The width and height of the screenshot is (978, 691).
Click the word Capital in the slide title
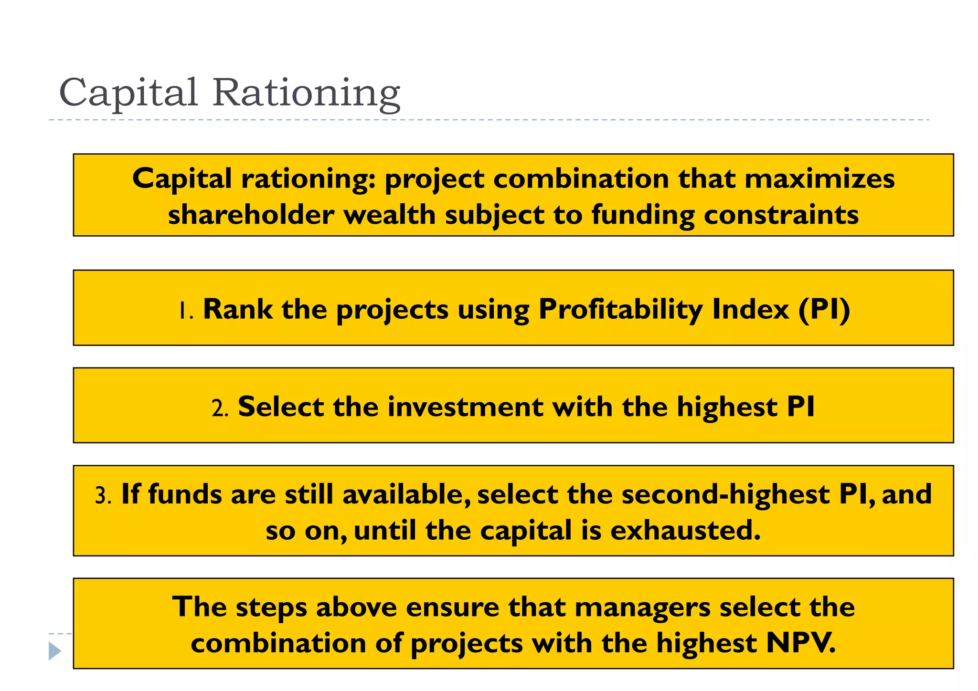128,93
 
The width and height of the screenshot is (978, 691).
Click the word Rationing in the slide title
306,93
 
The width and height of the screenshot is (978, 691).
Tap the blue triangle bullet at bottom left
55,651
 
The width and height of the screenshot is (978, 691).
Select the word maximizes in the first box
819,179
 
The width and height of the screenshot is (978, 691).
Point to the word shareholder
251,215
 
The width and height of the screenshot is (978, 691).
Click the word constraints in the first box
781,215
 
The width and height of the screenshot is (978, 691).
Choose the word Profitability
620,309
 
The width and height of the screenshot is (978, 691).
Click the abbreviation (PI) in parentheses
824,309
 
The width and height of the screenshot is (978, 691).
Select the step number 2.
220,408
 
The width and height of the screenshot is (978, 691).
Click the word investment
465,407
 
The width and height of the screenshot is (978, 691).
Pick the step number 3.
103,496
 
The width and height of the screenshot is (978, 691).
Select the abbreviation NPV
801,643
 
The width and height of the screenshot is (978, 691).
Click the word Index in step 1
750,309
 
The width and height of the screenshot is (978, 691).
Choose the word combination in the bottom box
278,643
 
